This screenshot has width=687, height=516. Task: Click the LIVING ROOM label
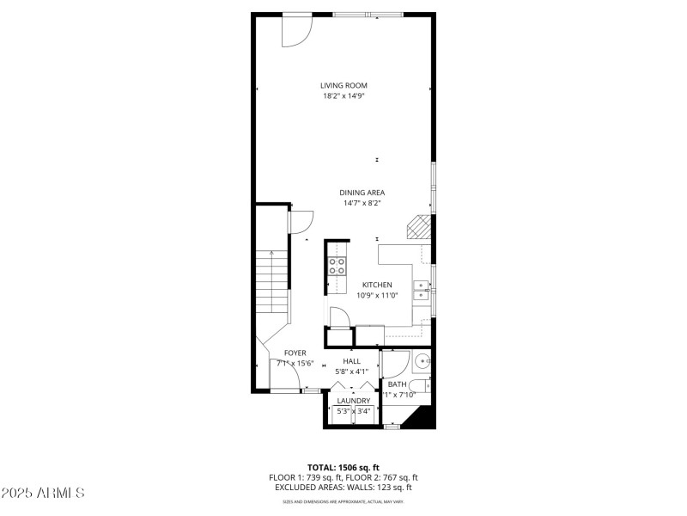[343, 85]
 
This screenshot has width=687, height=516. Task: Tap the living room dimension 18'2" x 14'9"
[343, 95]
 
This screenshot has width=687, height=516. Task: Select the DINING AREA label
[362, 193]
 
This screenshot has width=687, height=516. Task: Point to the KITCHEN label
[376, 285]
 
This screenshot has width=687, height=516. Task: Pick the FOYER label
[295, 353]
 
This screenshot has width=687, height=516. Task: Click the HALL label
[352, 361]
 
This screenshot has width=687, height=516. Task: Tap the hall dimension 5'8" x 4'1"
[352, 372]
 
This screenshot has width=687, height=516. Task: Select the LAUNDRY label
[353, 401]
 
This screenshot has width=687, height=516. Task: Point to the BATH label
[397, 384]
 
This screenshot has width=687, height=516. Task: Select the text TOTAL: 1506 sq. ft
[343, 468]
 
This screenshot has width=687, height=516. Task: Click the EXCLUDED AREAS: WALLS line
[343, 488]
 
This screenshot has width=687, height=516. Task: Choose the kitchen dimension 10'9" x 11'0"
[377, 295]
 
